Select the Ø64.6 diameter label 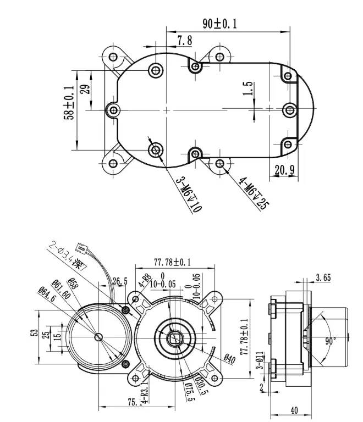point(46,293)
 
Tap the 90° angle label point(330,341)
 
